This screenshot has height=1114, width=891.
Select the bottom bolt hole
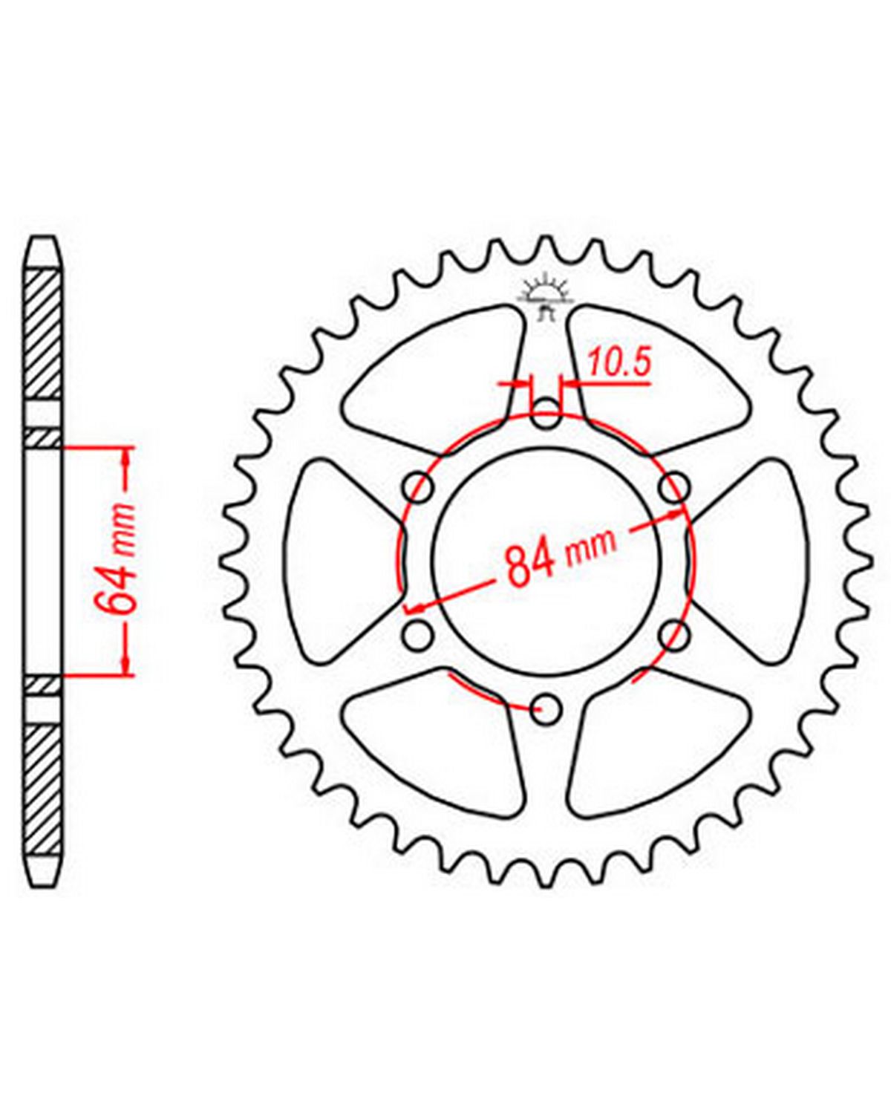pos(546,709)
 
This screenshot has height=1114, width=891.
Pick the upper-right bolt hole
pos(675,487)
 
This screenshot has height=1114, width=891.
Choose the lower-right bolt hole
pos(675,635)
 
